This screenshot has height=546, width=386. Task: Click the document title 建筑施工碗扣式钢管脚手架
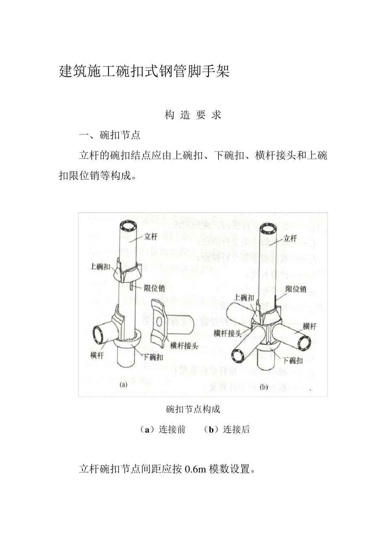tap(144, 71)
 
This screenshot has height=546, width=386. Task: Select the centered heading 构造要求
tap(193, 115)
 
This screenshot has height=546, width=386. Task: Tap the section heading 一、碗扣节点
tap(110, 135)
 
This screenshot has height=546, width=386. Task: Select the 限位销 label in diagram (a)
tap(154, 288)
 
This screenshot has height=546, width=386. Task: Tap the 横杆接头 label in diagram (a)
tap(184, 346)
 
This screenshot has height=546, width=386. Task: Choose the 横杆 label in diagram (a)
tap(97, 355)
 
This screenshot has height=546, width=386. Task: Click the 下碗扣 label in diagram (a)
tap(154, 357)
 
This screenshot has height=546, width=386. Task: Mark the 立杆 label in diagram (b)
tap(290, 238)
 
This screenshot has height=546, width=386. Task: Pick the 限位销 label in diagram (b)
tap(296, 289)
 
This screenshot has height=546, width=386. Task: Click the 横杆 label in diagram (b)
tap(310, 326)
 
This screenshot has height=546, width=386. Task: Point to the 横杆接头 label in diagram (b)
tap(227, 333)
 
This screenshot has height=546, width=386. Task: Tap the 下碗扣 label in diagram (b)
tap(293, 360)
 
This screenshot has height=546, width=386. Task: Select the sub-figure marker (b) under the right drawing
tap(263, 387)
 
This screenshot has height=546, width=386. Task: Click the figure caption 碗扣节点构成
tap(193, 409)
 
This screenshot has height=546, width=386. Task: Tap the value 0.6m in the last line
tap(196, 469)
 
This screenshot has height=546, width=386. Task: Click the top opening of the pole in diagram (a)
tap(128, 225)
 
